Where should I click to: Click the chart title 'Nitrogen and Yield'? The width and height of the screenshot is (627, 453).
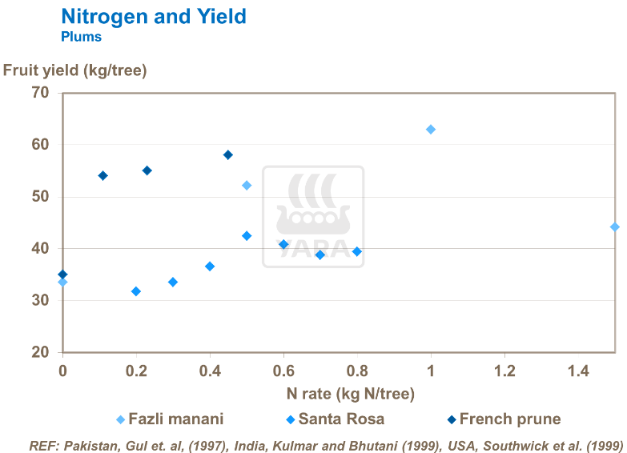click(x=153, y=16)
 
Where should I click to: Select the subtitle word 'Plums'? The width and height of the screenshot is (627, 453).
click(x=81, y=36)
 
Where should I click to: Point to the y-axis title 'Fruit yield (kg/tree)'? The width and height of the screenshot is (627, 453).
click(x=75, y=70)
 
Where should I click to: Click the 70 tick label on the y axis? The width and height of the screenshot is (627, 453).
click(x=41, y=93)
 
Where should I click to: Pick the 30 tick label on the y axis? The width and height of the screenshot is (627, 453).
click(x=41, y=301)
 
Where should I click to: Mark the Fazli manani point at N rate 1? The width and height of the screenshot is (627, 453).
click(x=431, y=130)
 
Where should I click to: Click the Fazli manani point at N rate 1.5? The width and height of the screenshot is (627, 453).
click(x=614, y=227)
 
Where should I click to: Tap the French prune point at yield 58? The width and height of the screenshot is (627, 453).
click(x=228, y=155)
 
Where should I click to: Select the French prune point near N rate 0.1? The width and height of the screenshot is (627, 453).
click(x=102, y=176)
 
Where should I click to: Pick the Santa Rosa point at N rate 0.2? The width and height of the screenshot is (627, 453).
click(x=136, y=291)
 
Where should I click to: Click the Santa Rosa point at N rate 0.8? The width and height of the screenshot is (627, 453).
click(x=357, y=251)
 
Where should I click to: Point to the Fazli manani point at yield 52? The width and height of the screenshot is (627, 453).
click(x=247, y=186)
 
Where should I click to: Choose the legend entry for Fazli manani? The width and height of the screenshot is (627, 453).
click(x=169, y=419)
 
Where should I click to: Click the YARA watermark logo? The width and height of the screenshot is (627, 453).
click(x=313, y=216)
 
